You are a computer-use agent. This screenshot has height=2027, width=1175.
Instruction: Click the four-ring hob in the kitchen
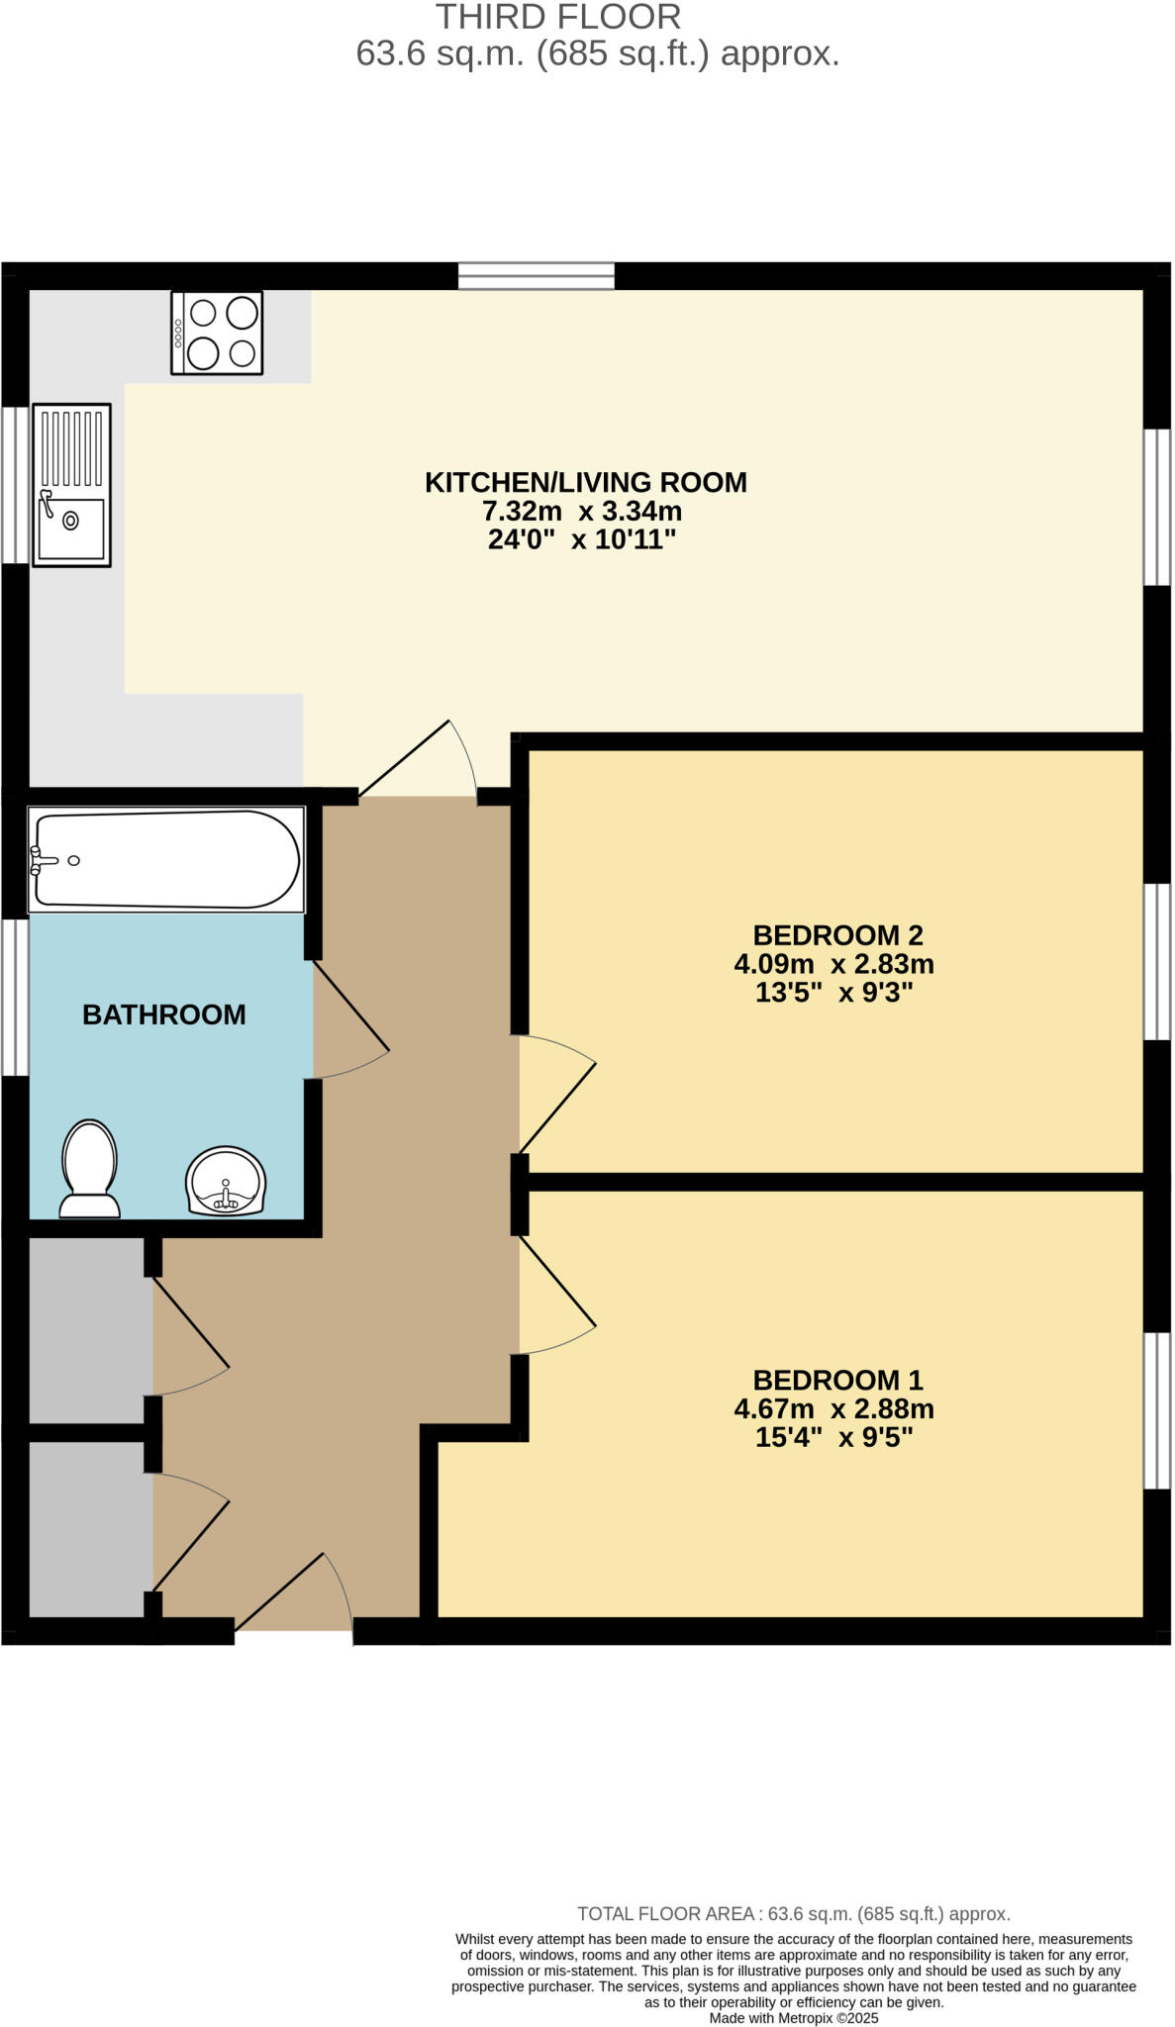(x=217, y=333)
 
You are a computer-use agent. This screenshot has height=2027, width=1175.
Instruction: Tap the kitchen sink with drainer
(x=71, y=485)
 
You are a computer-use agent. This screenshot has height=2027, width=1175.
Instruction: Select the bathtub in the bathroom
(x=166, y=859)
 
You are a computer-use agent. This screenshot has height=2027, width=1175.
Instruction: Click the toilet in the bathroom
(x=90, y=1168)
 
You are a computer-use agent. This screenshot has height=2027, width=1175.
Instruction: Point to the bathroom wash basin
(x=226, y=1180)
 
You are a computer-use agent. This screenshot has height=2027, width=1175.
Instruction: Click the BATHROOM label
(x=163, y=1014)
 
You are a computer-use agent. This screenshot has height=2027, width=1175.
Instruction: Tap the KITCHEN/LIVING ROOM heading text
(x=585, y=483)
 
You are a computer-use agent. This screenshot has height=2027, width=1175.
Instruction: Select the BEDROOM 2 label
(x=837, y=935)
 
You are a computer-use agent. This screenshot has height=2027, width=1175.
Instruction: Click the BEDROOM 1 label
(x=837, y=1380)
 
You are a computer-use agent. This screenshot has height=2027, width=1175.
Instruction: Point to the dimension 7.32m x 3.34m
(x=582, y=512)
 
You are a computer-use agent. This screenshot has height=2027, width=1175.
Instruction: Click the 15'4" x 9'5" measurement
(x=833, y=1437)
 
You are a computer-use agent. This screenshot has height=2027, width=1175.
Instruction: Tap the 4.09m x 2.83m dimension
(x=833, y=964)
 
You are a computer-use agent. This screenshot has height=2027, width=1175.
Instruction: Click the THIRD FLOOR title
(x=558, y=17)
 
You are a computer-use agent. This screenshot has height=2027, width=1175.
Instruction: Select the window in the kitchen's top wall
(x=537, y=275)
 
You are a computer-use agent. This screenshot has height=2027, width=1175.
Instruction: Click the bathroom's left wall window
(x=14, y=997)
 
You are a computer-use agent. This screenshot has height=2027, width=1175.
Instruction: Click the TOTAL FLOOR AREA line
(x=793, y=1914)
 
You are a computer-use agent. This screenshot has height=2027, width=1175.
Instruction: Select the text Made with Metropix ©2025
(x=793, y=2018)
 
